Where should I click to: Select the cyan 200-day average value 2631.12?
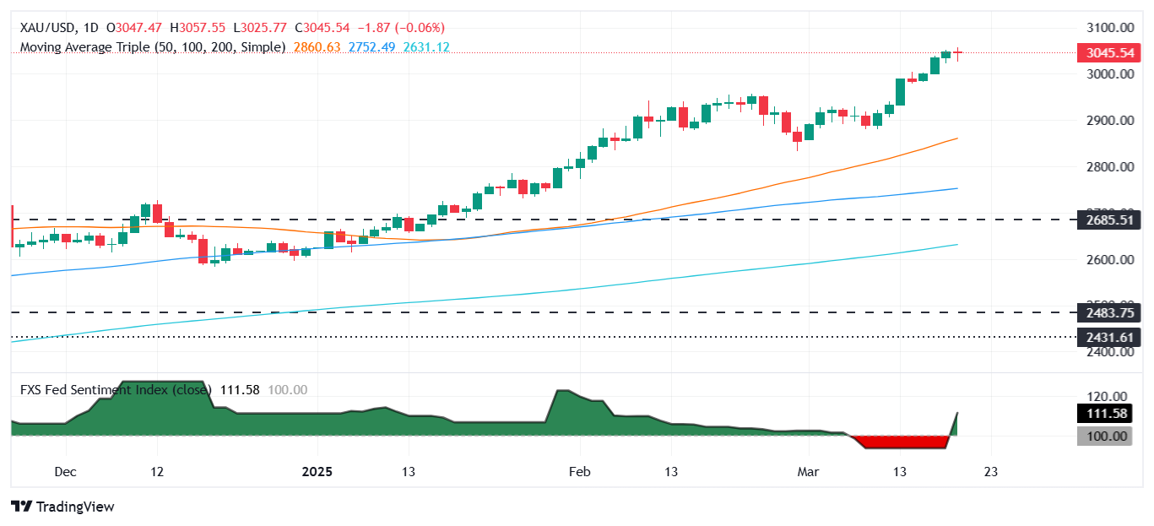pos(425,47)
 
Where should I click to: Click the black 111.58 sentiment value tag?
pos(1105,413)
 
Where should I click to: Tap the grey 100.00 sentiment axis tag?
pos(1105,437)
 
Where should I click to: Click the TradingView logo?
pos(63,507)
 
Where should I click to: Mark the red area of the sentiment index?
pos(903,442)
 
